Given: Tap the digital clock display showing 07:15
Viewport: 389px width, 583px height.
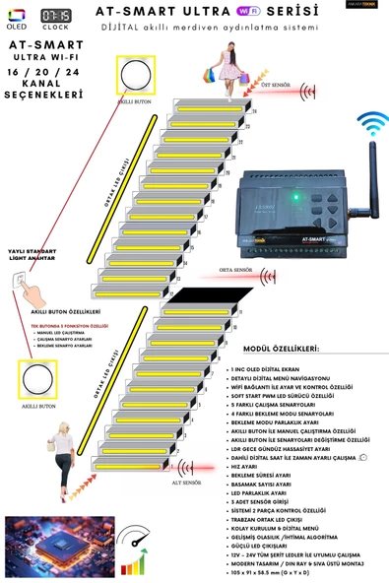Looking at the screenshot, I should tap(56, 16).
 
